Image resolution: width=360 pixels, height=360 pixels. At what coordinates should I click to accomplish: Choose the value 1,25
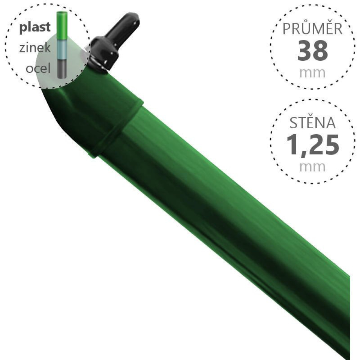(312, 145)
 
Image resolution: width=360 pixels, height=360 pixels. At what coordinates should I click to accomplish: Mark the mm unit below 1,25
(312, 166)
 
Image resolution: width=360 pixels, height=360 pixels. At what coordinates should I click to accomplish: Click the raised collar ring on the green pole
(116, 127)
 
